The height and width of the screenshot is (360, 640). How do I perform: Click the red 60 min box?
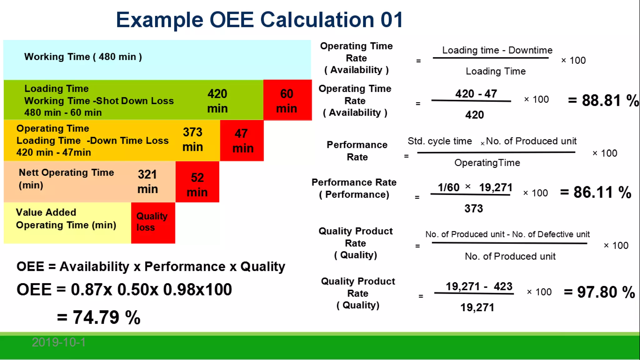pyautogui.click(x=287, y=100)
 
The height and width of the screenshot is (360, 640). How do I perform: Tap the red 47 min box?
pyautogui.click(x=242, y=141)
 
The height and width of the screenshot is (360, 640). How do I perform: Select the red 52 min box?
pyautogui.click(x=197, y=182)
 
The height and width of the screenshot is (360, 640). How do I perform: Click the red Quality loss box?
pyautogui.click(x=153, y=222)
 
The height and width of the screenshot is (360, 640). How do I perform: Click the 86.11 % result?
pyautogui.click(x=596, y=192)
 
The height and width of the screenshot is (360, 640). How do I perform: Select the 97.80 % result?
pyautogui.click(x=599, y=292)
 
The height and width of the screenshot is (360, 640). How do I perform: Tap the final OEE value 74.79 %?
pyautogui.click(x=99, y=317)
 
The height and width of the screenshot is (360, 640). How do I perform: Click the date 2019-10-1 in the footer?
pyautogui.click(x=59, y=342)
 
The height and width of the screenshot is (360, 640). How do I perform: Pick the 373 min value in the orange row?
pyautogui.click(x=192, y=139)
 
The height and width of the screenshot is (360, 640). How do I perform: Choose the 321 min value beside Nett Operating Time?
pyautogui.click(x=147, y=182)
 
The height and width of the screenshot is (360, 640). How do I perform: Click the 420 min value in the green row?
pyautogui.click(x=217, y=101)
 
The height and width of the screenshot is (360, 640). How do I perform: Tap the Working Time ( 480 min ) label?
pyautogui.click(x=83, y=57)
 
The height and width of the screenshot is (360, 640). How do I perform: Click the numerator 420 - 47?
pyautogui.click(x=476, y=93)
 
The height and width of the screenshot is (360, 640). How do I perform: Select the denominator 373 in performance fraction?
pyautogui.click(x=473, y=208)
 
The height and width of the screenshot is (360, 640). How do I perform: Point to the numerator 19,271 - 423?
pyautogui.click(x=479, y=286)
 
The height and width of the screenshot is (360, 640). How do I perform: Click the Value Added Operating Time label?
pyautogui.click(x=66, y=219)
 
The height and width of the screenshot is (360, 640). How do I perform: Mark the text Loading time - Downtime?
pyautogui.click(x=497, y=50)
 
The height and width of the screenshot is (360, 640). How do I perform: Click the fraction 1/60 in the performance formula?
pyautogui.click(x=448, y=187)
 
